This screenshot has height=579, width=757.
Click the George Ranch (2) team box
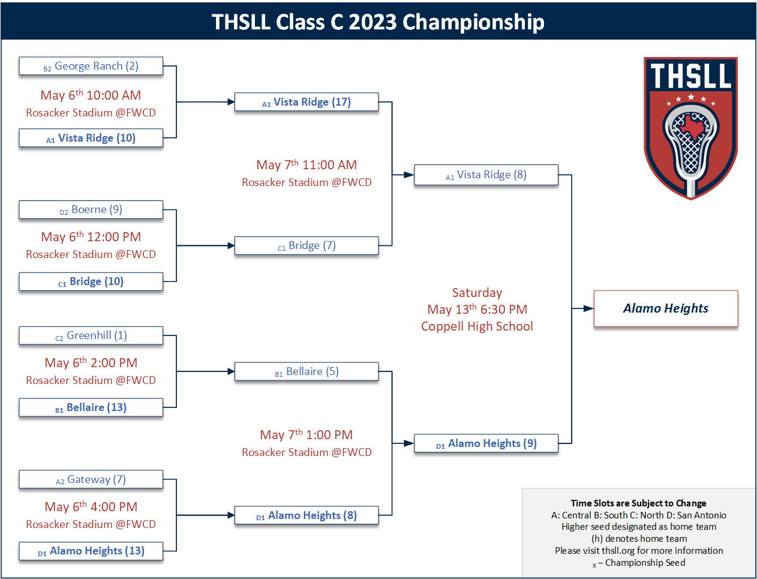click(91, 66)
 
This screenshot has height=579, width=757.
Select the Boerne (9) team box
click(91, 209)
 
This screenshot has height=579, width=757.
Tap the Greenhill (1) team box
click(91, 335)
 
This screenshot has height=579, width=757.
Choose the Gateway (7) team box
click(91, 479)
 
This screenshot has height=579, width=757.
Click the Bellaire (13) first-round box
click(91, 407)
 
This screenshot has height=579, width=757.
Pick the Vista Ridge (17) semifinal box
click(307, 102)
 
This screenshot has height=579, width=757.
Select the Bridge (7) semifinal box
click(307, 245)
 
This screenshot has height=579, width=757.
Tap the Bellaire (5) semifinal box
click(307, 371)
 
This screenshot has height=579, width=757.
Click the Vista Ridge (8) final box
click(486, 175)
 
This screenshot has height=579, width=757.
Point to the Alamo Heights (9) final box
click(486, 443)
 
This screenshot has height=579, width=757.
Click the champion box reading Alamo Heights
click(666, 308)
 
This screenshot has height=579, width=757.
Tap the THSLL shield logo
click(690, 128)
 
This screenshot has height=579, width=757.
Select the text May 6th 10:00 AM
click(91, 95)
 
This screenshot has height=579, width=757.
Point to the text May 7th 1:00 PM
click(307, 434)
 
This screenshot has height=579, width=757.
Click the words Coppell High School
click(477, 326)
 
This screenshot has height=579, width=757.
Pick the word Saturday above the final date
click(477, 293)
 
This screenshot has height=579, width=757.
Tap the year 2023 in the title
click(373, 22)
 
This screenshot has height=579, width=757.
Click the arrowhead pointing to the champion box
click(588, 308)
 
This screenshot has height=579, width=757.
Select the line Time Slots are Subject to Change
click(638, 503)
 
